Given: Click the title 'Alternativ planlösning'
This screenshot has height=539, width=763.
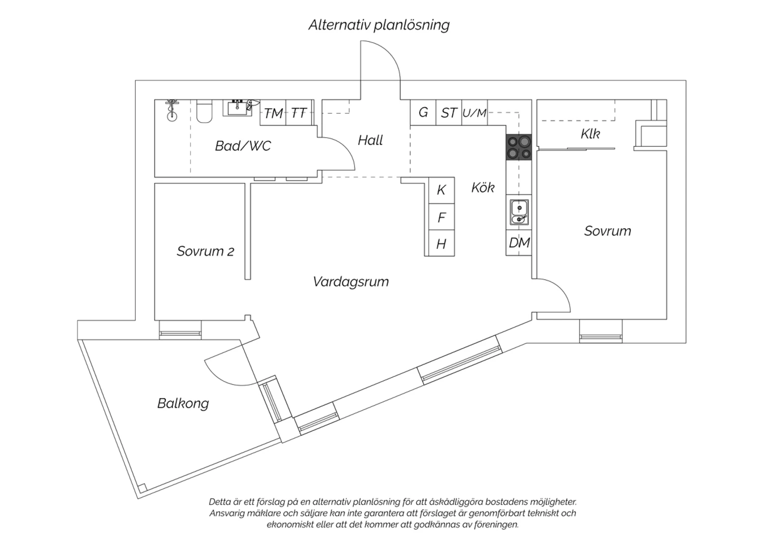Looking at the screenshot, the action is point(379,25).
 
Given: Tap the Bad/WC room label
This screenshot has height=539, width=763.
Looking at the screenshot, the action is point(243,146).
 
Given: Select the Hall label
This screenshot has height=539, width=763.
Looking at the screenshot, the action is point(370,140).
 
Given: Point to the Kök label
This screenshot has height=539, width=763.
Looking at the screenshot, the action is point(483,187).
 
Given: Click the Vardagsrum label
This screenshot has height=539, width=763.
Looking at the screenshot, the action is point(351,282).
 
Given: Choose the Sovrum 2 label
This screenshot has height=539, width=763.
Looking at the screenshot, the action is point(206,251).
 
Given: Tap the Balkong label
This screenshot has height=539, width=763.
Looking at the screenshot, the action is point(183,403).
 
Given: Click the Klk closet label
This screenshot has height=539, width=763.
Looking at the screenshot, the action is point(590,133).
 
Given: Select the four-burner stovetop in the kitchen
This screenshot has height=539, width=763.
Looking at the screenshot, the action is point(519,147).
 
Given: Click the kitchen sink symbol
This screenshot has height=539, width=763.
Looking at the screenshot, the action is point(519,213).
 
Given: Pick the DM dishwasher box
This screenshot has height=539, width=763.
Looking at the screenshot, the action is point(519,243).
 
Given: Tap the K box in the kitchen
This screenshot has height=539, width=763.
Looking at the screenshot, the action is point(442,190).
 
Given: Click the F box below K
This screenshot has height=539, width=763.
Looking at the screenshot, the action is point(442,217).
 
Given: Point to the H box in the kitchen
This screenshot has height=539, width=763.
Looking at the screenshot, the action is point(442,243).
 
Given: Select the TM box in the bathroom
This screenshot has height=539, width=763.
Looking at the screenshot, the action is point(273,113).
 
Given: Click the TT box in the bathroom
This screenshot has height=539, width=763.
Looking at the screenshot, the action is point(299,113).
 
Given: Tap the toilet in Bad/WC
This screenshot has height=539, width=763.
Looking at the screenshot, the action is point(204,111).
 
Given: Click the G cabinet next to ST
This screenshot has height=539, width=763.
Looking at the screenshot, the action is point(423,112).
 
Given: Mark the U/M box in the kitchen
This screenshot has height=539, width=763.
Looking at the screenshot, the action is point(475,112).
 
